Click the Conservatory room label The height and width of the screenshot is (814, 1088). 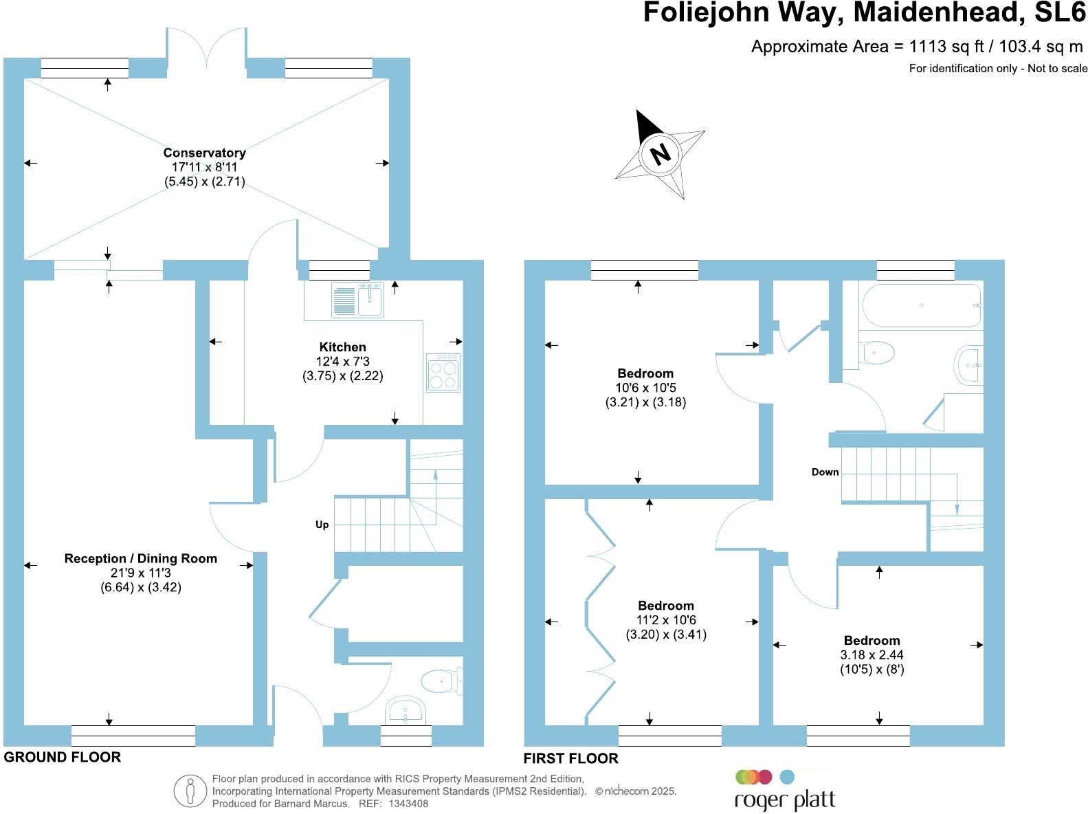click(x=204, y=153)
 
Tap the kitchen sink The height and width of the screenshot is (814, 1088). click(x=357, y=300)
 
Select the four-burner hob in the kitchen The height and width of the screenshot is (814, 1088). click(x=443, y=373)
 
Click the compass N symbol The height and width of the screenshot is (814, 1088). click(x=660, y=153)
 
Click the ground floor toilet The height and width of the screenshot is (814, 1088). click(x=441, y=681)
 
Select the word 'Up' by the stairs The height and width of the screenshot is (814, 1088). click(x=322, y=525)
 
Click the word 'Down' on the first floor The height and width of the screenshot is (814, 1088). click(x=825, y=472)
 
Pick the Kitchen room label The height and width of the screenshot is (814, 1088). click(x=342, y=347)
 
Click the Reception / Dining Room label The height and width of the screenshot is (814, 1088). click(x=140, y=559)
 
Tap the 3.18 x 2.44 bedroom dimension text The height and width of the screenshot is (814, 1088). click(x=871, y=654)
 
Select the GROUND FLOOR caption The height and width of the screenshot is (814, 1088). click(x=62, y=757)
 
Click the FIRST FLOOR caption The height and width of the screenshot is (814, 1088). click(x=570, y=758)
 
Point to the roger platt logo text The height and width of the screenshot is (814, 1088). click(x=785, y=801)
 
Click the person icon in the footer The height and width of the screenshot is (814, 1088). click(x=190, y=791)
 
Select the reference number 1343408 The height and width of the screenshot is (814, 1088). click(x=408, y=803)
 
